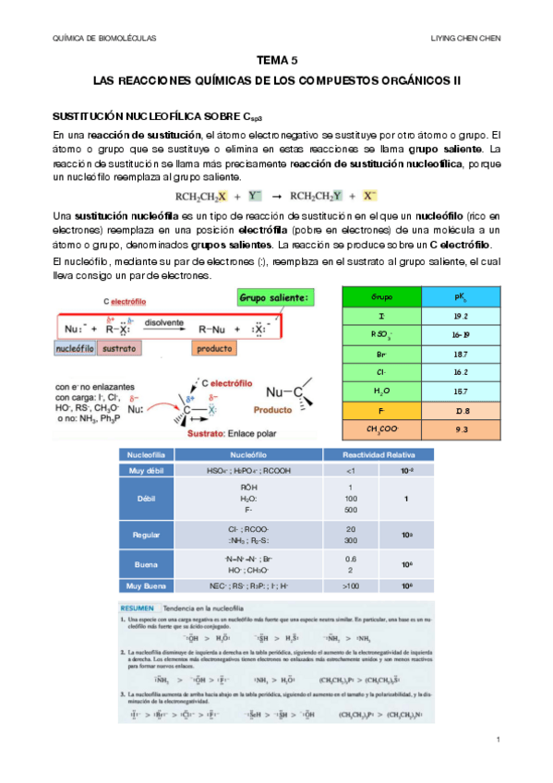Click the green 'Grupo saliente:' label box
click(275, 298)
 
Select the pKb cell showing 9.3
click(461, 430)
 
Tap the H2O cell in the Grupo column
click(380, 391)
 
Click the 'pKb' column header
click(461, 297)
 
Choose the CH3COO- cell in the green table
click(380, 430)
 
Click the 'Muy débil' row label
click(145, 471)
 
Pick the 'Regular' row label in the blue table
click(145, 535)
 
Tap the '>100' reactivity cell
click(351, 585)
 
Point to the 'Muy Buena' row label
click(145, 585)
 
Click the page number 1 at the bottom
click(498, 740)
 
